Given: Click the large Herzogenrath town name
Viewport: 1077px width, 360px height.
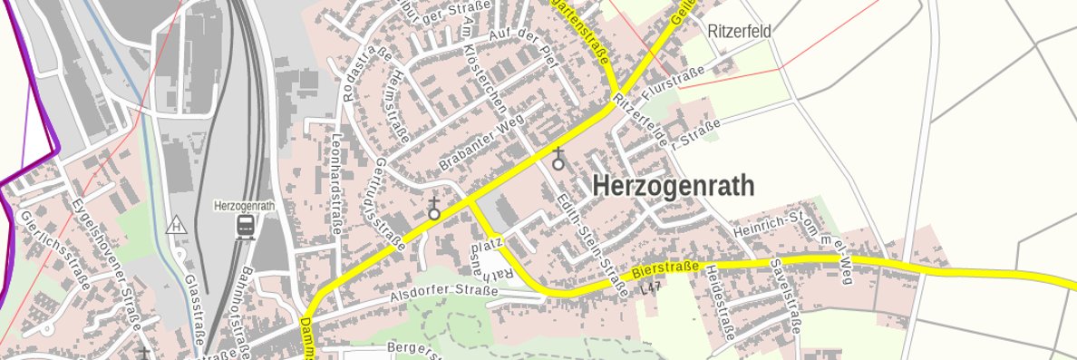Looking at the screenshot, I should tap(673, 187).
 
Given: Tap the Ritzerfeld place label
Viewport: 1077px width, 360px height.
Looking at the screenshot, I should tap(740, 32).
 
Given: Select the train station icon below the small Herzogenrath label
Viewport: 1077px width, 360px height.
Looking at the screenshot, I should tap(245, 226).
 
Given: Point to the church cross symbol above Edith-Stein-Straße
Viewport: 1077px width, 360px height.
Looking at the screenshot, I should tap(558, 159).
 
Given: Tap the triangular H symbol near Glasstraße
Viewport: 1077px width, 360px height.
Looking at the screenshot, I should tap(177, 223).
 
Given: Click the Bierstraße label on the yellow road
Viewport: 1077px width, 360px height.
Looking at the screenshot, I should tap(665, 268).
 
